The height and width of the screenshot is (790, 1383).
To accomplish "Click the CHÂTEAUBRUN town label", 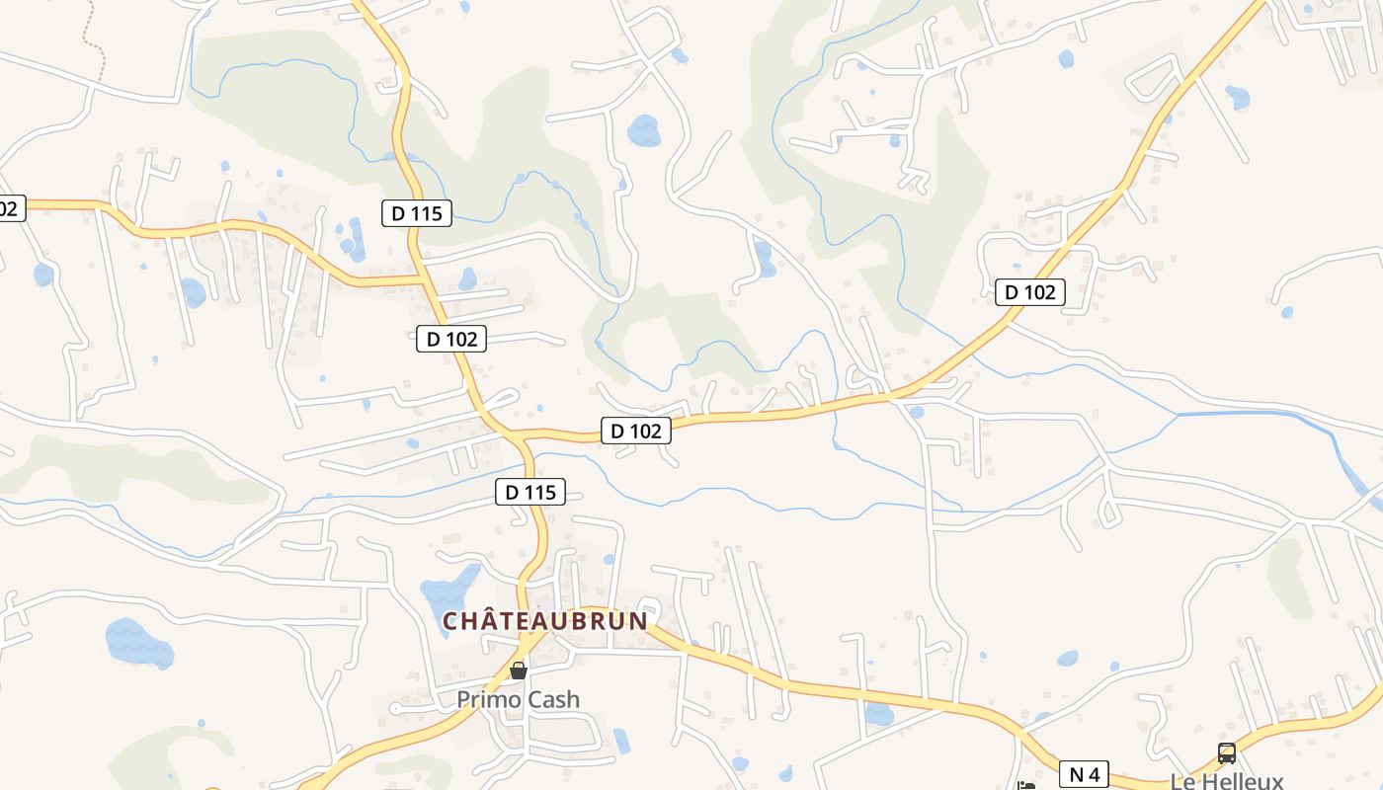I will [544, 621].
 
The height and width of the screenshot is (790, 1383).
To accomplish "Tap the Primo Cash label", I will [518, 699].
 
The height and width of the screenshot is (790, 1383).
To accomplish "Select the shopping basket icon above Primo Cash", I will [519, 671].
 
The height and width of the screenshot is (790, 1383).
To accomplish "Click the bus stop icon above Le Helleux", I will [1226, 753].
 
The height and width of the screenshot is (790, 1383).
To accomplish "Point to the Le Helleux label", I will [1226, 779].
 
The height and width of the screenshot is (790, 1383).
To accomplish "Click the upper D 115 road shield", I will [417, 212].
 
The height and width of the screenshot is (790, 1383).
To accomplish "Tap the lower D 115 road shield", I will [530, 491].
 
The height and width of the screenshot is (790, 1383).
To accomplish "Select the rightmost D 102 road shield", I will [1030, 291].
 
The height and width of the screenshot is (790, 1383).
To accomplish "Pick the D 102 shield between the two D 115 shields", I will [451, 339].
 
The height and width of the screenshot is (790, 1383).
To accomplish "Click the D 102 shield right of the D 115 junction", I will [636, 431].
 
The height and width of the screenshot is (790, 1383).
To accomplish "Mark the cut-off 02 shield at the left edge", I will [10, 208].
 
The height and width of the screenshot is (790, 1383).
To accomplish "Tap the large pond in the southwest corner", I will [138, 644].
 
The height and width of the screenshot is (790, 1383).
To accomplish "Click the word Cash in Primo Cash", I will [551, 699].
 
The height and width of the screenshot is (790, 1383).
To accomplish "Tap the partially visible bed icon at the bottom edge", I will [1026, 786].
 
